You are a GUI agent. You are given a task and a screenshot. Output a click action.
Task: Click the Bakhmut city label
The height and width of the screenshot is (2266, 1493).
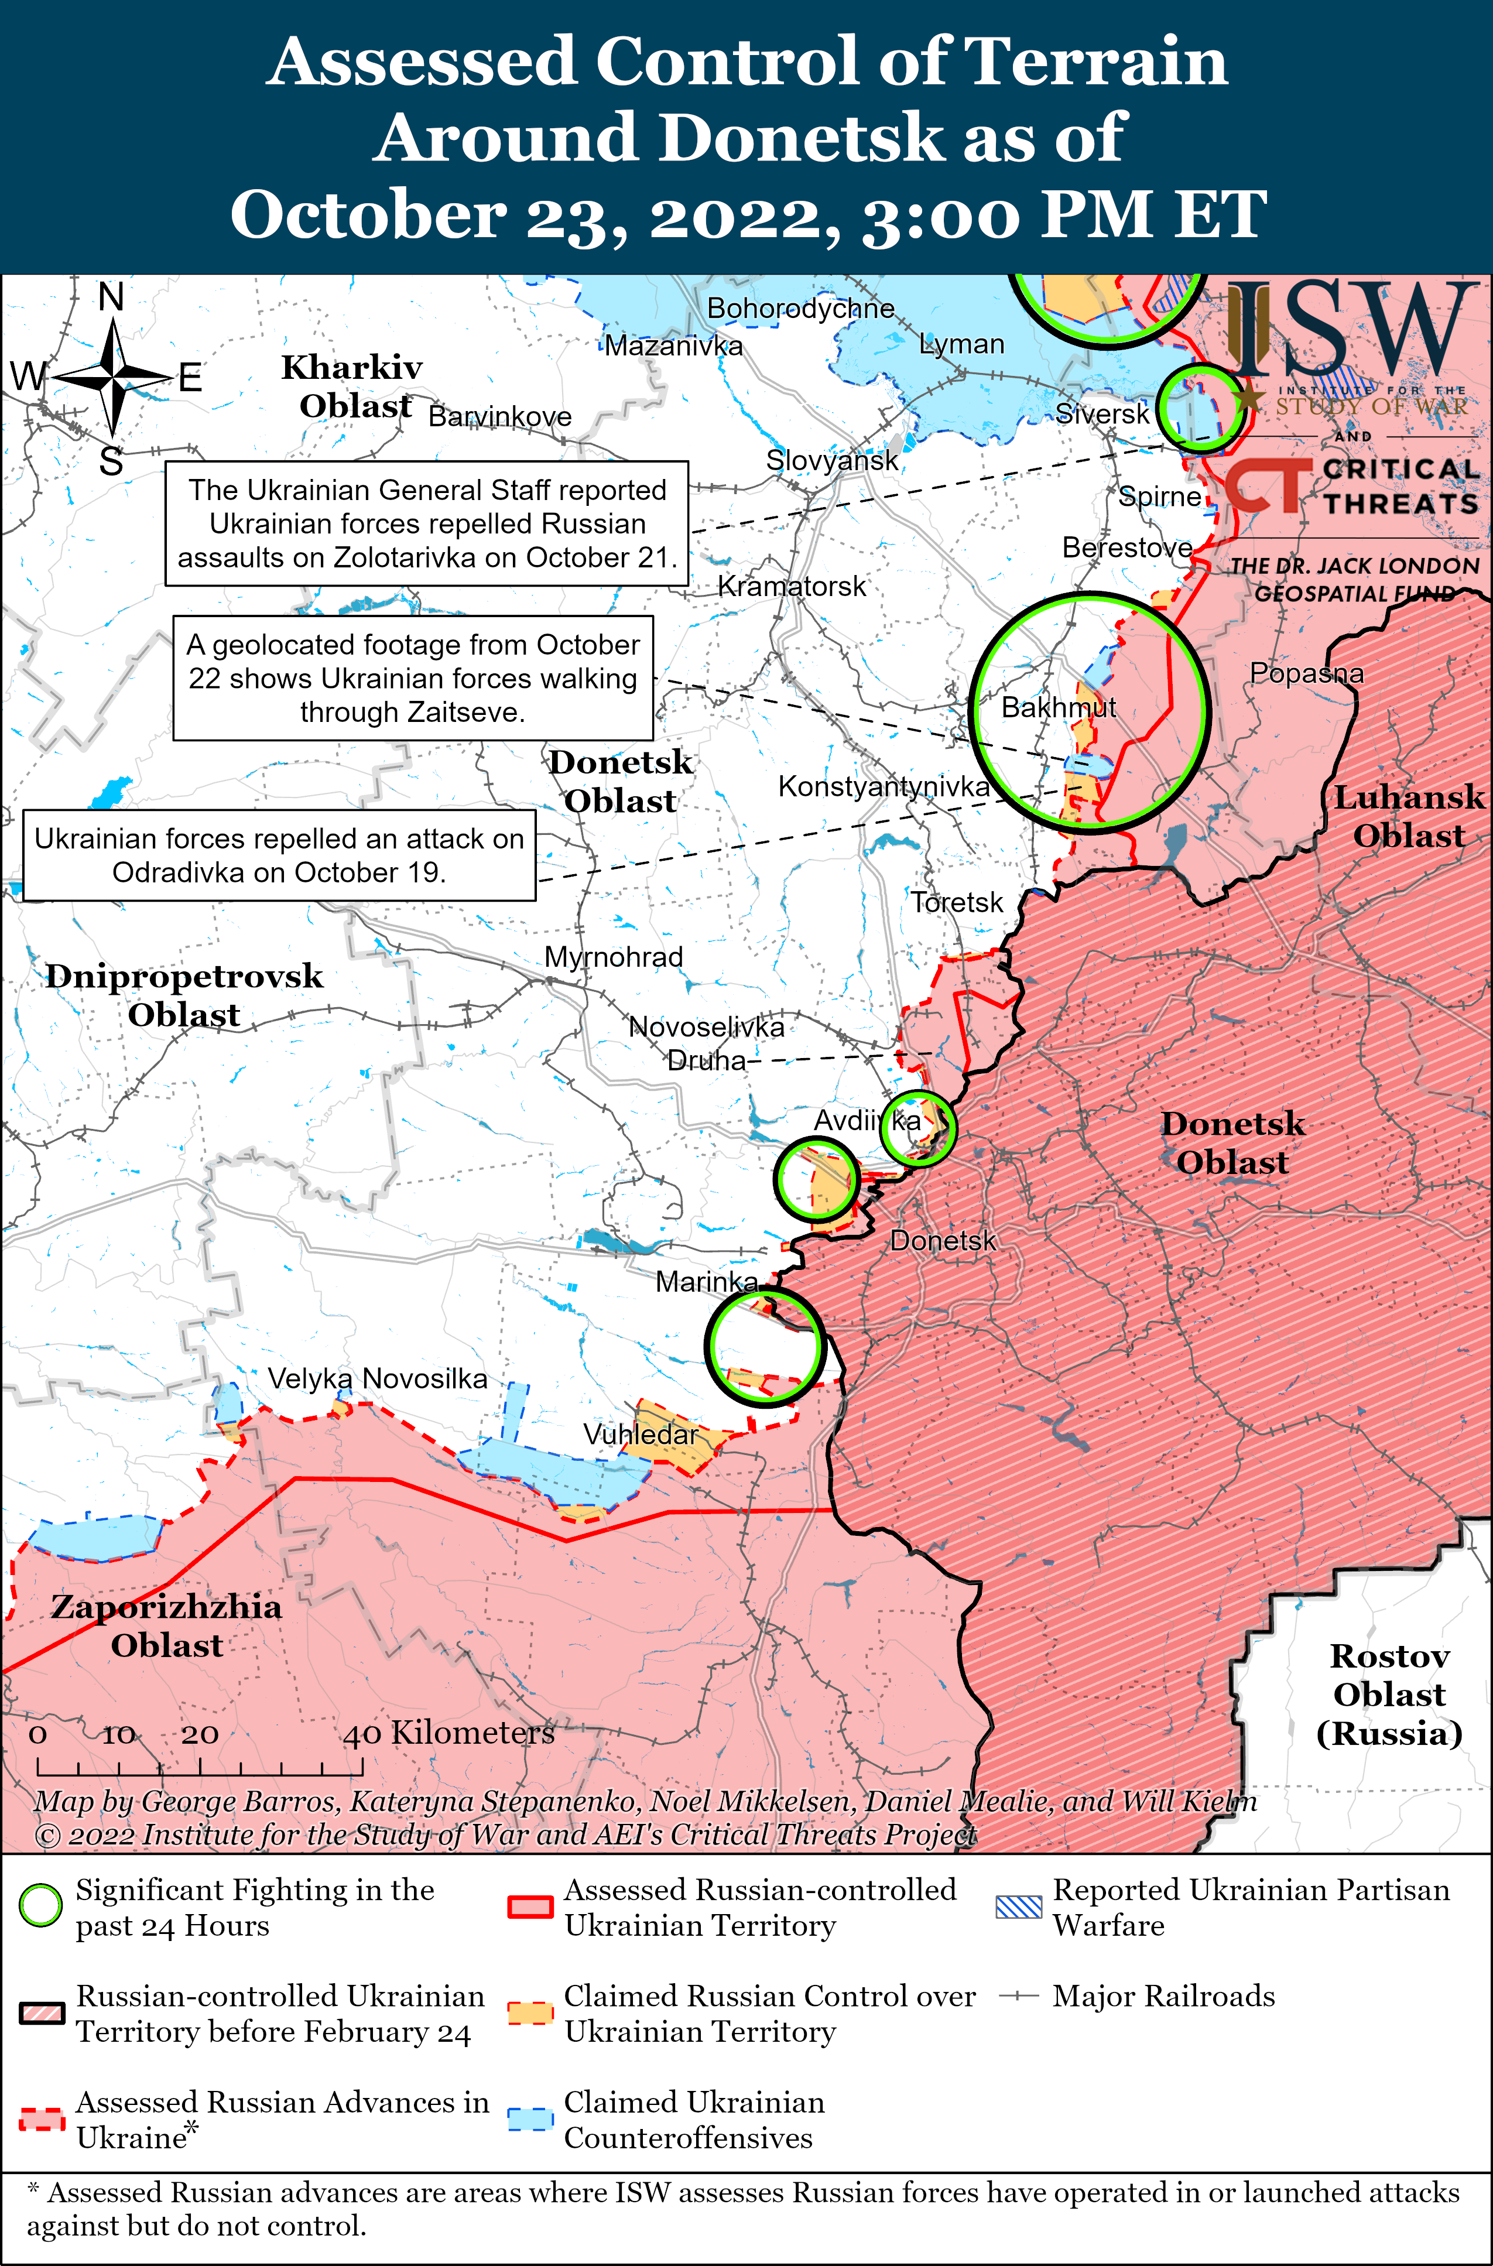click(1058, 707)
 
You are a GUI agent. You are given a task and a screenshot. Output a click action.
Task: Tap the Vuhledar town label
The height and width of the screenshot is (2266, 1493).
click(640, 1434)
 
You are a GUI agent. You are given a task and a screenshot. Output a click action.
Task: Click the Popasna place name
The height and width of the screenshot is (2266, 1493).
click(1306, 673)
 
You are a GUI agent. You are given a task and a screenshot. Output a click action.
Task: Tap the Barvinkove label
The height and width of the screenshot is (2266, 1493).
click(500, 416)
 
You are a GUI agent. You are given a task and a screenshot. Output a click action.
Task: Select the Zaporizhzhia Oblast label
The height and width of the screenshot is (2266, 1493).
click(167, 1625)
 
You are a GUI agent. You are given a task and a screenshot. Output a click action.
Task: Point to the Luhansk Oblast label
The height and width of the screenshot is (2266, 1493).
click(1408, 816)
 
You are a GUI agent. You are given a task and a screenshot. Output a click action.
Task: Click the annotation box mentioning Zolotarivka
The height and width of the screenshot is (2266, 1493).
click(427, 523)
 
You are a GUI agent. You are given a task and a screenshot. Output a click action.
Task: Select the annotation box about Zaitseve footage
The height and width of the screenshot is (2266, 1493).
click(412, 678)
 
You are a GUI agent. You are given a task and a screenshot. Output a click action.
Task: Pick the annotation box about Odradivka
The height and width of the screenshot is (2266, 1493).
click(279, 855)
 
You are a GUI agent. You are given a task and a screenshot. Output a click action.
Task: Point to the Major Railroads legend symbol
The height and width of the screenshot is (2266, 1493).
click(1018, 1995)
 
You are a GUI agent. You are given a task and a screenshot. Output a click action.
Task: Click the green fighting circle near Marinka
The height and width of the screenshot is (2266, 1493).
click(763, 1346)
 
